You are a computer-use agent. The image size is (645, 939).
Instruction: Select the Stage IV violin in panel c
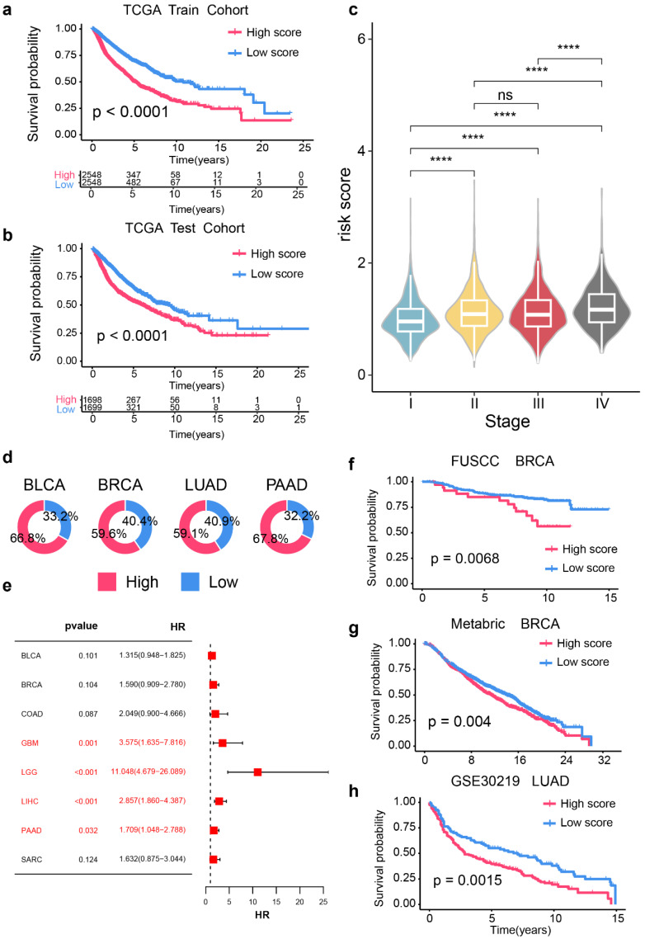pyautogui.click(x=602, y=309)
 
